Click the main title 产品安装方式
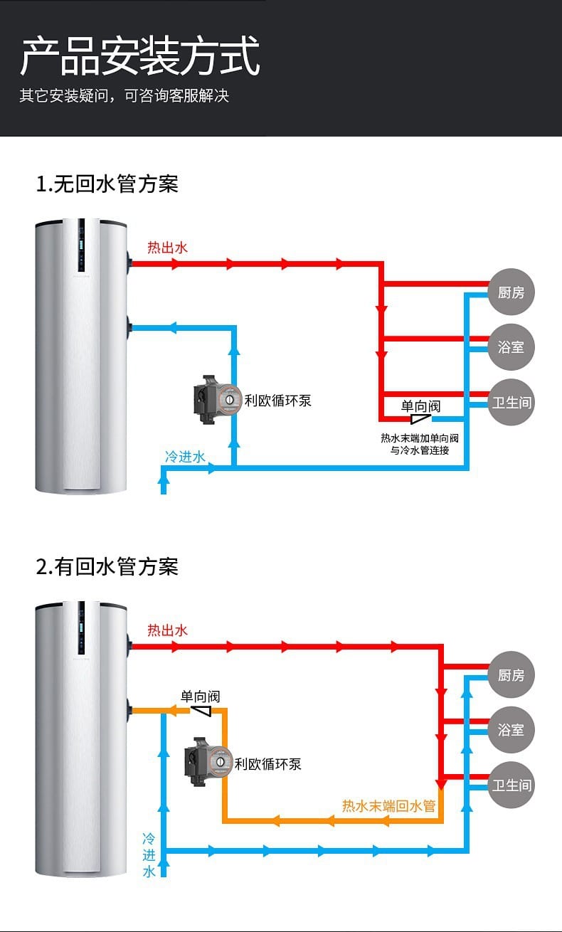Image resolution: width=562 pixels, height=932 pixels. click(x=139, y=57)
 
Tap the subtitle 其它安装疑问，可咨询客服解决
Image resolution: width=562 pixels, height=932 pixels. click(x=124, y=96)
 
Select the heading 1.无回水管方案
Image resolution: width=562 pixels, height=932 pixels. click(x=107, y=184)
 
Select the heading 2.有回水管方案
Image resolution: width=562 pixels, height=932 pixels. click(x=107, y=567)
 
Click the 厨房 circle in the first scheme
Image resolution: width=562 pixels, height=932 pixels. click(x=511, y=292)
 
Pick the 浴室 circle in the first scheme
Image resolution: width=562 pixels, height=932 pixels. click(x=511, y=347)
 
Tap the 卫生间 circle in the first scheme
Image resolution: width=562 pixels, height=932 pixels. click(x=511, y=403)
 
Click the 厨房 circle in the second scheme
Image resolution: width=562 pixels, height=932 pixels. click(x=511, y=674)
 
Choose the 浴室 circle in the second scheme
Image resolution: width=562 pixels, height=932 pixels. click(x=511, y=730)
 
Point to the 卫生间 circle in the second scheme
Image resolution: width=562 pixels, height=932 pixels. click(x=511, y=785)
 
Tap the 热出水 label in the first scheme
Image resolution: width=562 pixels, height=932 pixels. click(x=167, y=248)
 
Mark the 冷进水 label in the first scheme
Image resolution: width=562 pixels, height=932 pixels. click(x=185, y=457)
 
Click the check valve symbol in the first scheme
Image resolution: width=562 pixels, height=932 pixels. click(x=420, y=420)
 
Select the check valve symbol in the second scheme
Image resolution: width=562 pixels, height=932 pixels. click(x=202, y=711)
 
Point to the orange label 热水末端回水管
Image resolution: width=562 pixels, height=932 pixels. click(x=388, y=806)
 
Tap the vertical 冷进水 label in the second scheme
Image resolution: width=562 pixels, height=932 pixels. click(x=149, y=854)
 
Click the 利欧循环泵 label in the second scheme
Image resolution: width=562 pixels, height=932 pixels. click(x=268, y=764)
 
